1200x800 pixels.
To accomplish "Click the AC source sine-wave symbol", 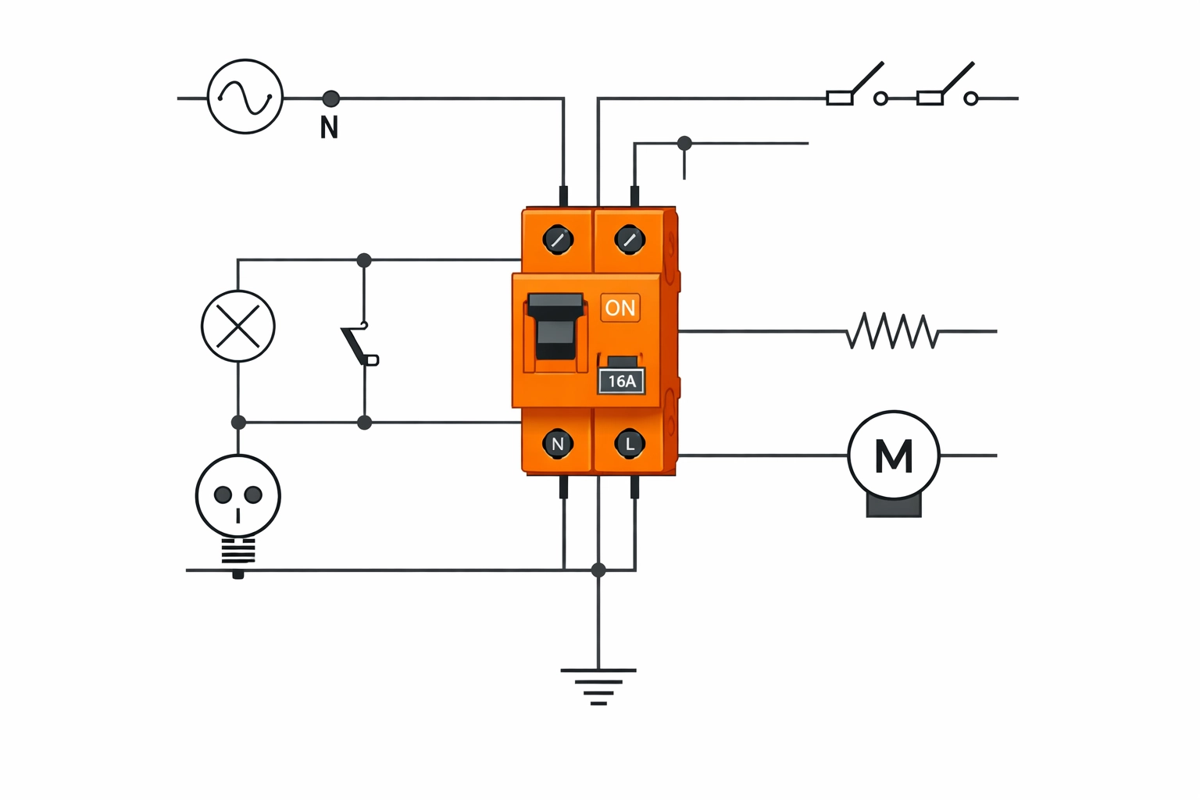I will pyautogui.click(x=245, y=97).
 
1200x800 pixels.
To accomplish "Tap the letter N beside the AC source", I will pyautogui.click(x=329, y=127).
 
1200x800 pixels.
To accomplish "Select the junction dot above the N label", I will pyautogui.click(x=330, y=98).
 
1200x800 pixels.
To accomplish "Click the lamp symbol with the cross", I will pyautogui.click(x=238, y=326).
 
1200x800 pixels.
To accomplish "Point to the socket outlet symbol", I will pyautogui.click(x=238, y=496).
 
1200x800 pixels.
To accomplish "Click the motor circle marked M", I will pyautogui.click(x=894, y=455).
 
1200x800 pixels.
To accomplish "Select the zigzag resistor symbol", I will pyautogui.click(x=891, y=331).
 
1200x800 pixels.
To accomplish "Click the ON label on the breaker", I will pyautogui.click(x=620, y=308).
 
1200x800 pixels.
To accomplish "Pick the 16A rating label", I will pyautogui.click(x=622, y=381).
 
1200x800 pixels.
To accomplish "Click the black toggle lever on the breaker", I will pyautogui.click(x=555, y=326).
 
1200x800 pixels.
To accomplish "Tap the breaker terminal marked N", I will pyautogui.click(x=558, y=444).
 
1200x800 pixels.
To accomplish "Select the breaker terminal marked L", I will pyautogui.click(x=630, y=444).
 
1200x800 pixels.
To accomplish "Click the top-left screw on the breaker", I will pyautogui.click(x=558, y=239).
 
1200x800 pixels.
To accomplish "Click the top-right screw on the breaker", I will pyautogui.click(x=630, y=239).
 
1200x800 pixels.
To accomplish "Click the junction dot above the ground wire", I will pyautogui.click(x=598, y=570).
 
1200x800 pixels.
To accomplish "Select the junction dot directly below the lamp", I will pyautogui.click(x=238, y=423).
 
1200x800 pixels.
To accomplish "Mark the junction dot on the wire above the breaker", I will pyautogui.click(x=684, y=143).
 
